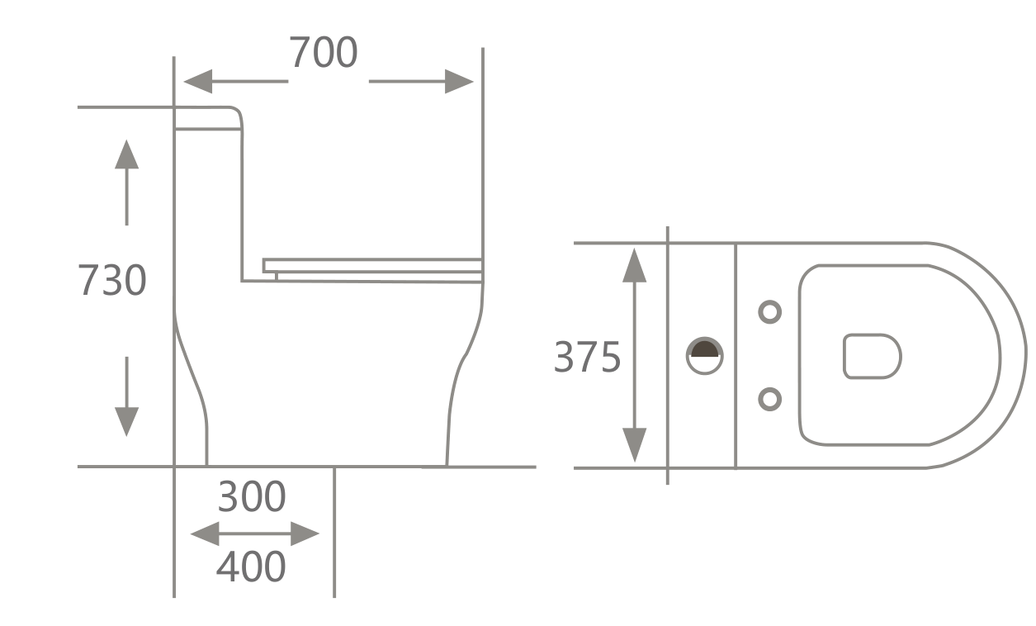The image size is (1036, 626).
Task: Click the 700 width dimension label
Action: pos(323,53)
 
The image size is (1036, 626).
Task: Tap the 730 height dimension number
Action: pos(112,280)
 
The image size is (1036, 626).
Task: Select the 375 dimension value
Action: pos(587,358)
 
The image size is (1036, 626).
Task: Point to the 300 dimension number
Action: pos(252,497)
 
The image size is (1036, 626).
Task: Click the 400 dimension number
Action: pos(251,567)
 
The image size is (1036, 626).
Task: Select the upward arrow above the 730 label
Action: pos(126,157)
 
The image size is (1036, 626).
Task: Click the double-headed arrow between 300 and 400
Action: pos(254,534)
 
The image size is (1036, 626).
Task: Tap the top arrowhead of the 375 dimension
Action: pos(634,264)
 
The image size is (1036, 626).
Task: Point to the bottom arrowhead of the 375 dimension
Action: pos(634,446)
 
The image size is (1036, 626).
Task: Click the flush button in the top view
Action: pos(704,356)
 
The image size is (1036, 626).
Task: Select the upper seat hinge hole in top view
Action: pos(769,312)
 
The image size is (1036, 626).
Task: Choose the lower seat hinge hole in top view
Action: pos(769,400)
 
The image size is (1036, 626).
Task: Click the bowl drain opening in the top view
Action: pos(872,356)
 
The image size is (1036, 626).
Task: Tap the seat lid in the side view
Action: pos(371,265)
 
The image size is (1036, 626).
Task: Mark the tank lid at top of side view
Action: pos(207,118)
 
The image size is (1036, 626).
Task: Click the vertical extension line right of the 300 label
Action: pos(334,529)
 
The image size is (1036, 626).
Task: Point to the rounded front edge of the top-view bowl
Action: pos(1024,356)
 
